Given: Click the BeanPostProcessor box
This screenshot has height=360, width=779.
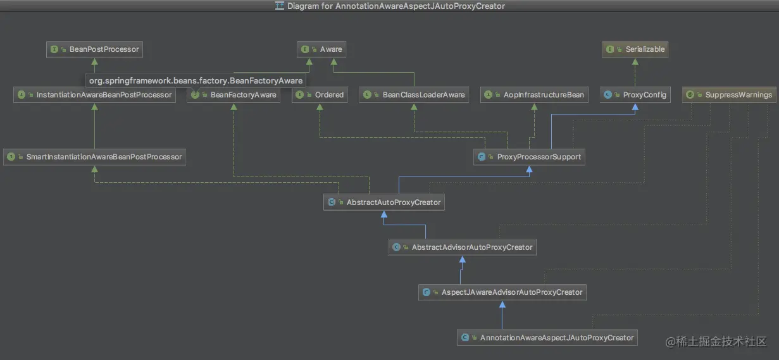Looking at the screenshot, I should (x=94, y=49).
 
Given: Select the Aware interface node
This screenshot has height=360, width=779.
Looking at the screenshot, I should (x=322, y=49).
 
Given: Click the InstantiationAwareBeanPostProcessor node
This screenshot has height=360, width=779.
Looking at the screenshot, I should (x=95, y=95).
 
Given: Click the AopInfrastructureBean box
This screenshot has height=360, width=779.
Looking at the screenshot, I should (x=534, y=95).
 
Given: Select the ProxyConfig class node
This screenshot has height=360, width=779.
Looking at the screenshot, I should (x=635, y=95).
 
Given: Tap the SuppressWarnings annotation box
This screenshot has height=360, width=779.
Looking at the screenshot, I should (x=730, y=95).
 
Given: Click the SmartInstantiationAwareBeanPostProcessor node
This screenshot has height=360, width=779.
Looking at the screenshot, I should (x=95, y=157).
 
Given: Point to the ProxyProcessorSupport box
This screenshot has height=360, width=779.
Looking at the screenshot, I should (x=530, y=157).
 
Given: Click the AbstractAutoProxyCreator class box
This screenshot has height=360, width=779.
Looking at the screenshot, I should (x=384, y=202).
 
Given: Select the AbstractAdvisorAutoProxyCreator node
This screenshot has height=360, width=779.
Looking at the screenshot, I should (x=463, y=247).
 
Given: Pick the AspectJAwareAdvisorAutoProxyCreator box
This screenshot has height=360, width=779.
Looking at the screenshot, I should (x=502, y=292).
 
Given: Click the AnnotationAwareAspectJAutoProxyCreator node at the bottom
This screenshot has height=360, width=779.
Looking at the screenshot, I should (x=547, y=338).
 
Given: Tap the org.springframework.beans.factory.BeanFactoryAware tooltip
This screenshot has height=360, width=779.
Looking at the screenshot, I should (x=196, y=81).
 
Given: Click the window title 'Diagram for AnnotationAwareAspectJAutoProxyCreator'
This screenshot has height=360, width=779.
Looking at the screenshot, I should (x=396, y=6).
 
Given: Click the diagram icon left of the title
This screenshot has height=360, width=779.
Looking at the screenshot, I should (x=280, y=6).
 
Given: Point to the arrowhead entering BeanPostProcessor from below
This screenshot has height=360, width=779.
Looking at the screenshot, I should (x=94, y=61).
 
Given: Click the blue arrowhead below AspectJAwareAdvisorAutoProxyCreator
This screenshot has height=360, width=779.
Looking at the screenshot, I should (x=502, y=304).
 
